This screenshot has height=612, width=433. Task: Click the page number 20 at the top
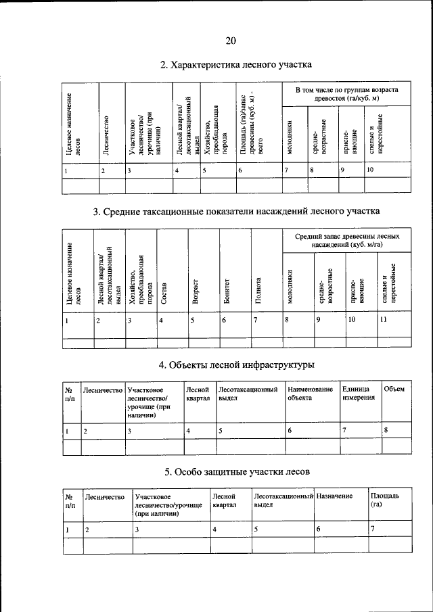(x=230, y=41)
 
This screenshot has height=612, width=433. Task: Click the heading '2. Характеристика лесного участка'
(x=235, y=66)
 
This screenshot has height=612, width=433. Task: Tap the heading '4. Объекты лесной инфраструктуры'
(x=236, y=365)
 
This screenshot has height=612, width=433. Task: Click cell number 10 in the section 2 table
(x=370, y=171)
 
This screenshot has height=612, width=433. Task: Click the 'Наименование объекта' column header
(x=310, y=394)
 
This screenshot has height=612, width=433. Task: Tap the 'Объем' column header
(x=394, y=390)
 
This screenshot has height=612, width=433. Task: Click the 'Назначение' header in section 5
(x=334, y=497)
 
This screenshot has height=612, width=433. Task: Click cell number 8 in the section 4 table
(x=386, y=429)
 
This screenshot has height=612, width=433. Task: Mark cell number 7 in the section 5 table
(x=373, y=529)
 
